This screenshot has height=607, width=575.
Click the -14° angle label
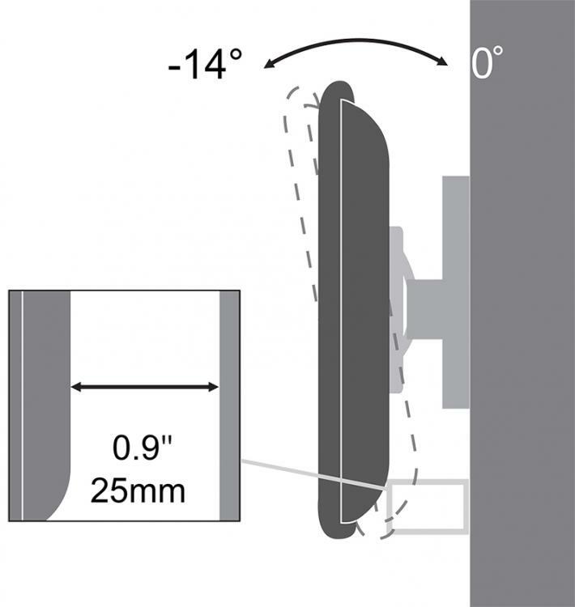pyautogui.click(x=206, y=64)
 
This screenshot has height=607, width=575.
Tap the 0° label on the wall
pyautogui.click(x=487, y=62)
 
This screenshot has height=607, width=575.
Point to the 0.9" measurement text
pyautogui.click(x=142, y=448)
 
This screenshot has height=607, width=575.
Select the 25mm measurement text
pyautogui.click(x=138, y=490)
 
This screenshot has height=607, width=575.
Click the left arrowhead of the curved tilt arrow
pyautogui.click(x=268, y=64)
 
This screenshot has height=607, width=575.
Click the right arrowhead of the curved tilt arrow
pyautogui.click(x=442, y=62)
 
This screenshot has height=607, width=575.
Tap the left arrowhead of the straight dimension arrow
pyautogui.click(x=76, y=387)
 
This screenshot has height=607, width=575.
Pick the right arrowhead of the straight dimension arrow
pyautogui.click(x=214, y=387)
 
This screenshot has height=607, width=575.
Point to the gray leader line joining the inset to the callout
pyautogui.click(x=314, y=475)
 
